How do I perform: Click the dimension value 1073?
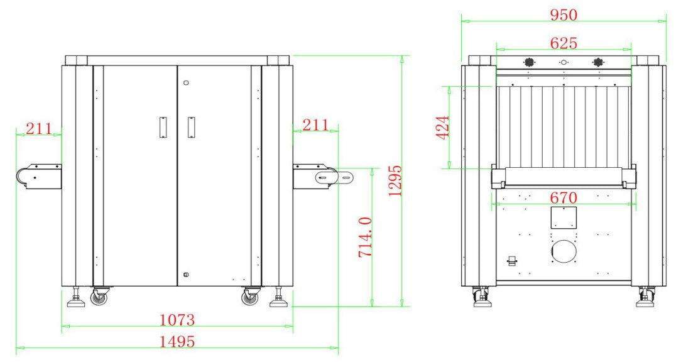click(x=177, y=320)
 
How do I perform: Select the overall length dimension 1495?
click(x=177, y=342)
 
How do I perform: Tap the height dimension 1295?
click(x=395, y=181)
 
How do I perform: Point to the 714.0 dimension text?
click(x=365, y=238)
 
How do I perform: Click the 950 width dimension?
click(x=564, y=15)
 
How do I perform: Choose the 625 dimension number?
click(x=564, y=43)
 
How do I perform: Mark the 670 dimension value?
click(x=564, y=198)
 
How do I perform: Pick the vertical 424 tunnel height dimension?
click(x=443, y=127)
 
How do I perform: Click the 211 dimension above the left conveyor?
click(x=39, y=128)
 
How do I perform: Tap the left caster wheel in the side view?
click(x=100, y=297)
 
